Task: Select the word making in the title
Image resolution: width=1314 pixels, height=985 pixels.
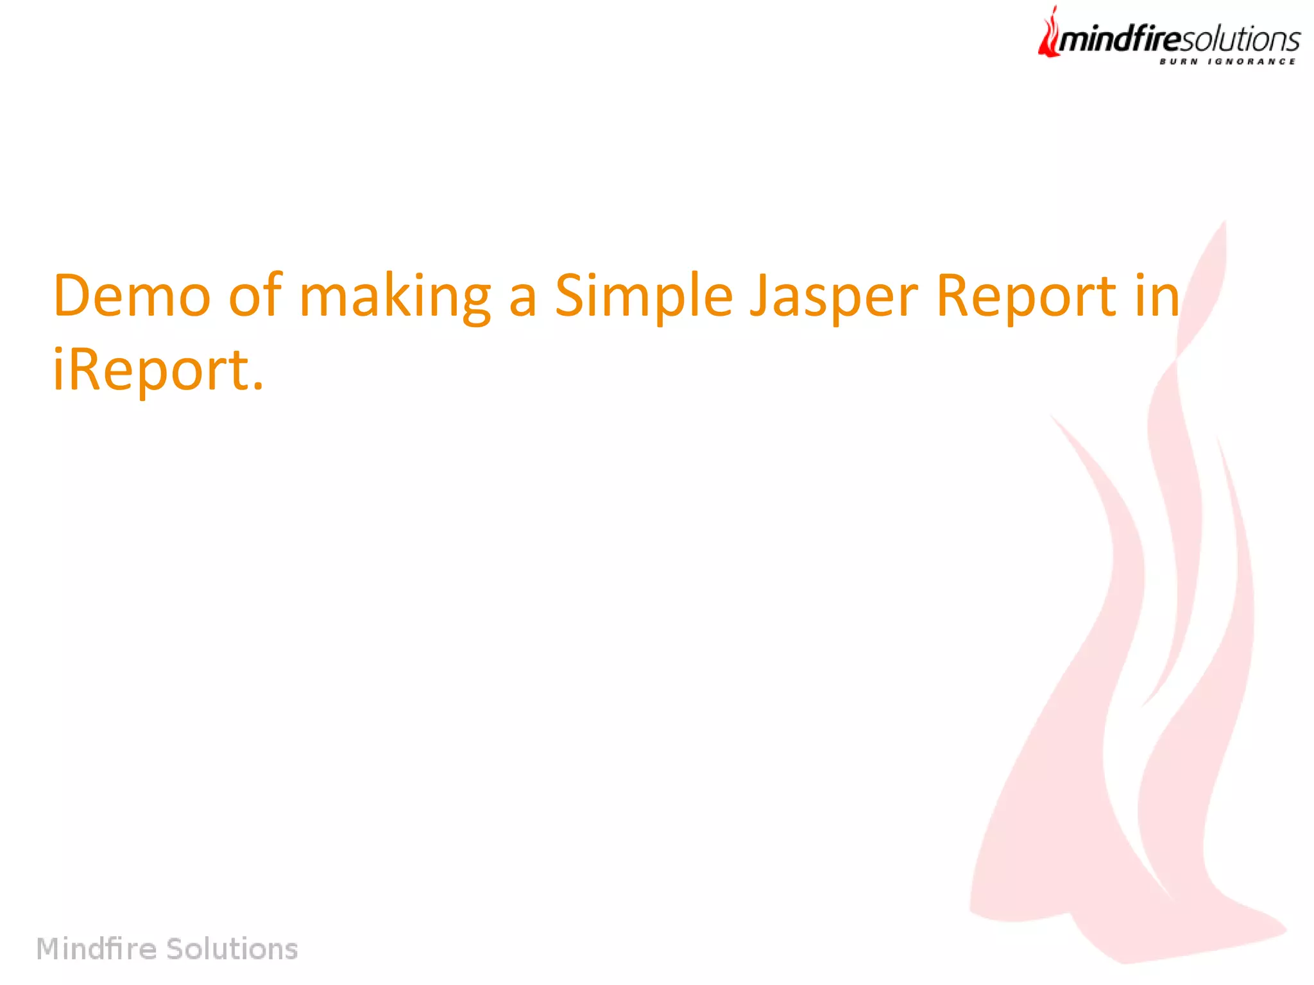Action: pos(395,296)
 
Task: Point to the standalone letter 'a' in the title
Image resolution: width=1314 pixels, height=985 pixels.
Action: pos(523,300)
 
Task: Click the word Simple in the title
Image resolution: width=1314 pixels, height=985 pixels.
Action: pos(644,296)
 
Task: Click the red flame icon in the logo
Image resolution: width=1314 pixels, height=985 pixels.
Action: pos(1049,35)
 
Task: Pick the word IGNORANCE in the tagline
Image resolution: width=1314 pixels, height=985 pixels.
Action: pos(1252,62)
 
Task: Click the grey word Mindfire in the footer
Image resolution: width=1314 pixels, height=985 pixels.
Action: pos(96,948)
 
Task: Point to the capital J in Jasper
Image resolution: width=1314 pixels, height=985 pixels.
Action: pos(760,296)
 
